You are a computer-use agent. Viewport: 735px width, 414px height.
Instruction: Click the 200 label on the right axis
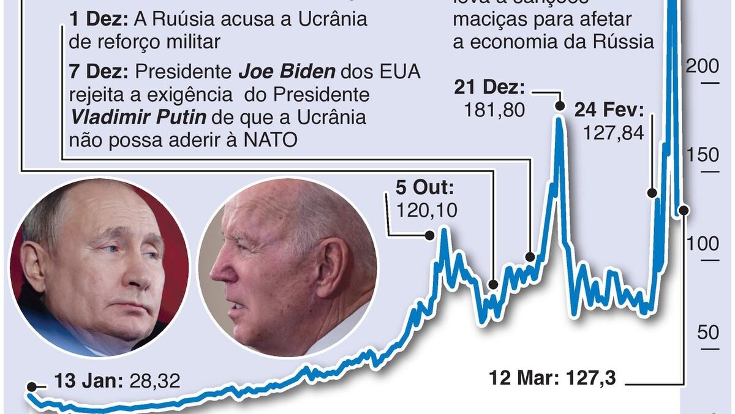pyautogui.click(x=702, y=67)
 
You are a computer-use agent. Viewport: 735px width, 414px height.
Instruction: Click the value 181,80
pyautogui.click(x=494, y=110)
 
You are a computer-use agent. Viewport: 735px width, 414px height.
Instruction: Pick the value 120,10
pyautogui.click(x=427, y=210)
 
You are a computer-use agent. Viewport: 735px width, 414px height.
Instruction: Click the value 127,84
pyautogui.click(x=614, y=132)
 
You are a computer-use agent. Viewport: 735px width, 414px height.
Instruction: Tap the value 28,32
pyautogui.click(x=154, y=381)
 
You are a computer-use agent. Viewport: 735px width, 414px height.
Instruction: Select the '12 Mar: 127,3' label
pyautogui.click(x=552, y=377)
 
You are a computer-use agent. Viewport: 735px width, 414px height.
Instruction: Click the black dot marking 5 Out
pyautogui.click(x=430, y=235)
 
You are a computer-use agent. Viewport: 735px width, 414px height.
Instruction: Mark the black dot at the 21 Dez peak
pyautogui.click(x=559, y=106)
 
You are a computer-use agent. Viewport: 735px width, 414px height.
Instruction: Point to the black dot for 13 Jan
pyautogui.click(x=31, y=386)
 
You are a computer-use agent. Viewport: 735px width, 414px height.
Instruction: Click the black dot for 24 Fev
pyautogui.click(x=652, y=193)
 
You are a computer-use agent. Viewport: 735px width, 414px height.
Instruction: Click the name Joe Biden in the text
pyautogui.click(x=287, y=72)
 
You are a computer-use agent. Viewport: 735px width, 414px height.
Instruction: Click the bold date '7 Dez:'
pyautogui.click(x=99, y=72)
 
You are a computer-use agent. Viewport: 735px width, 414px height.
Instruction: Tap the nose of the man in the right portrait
pyautogui.click(x=219, y=268)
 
